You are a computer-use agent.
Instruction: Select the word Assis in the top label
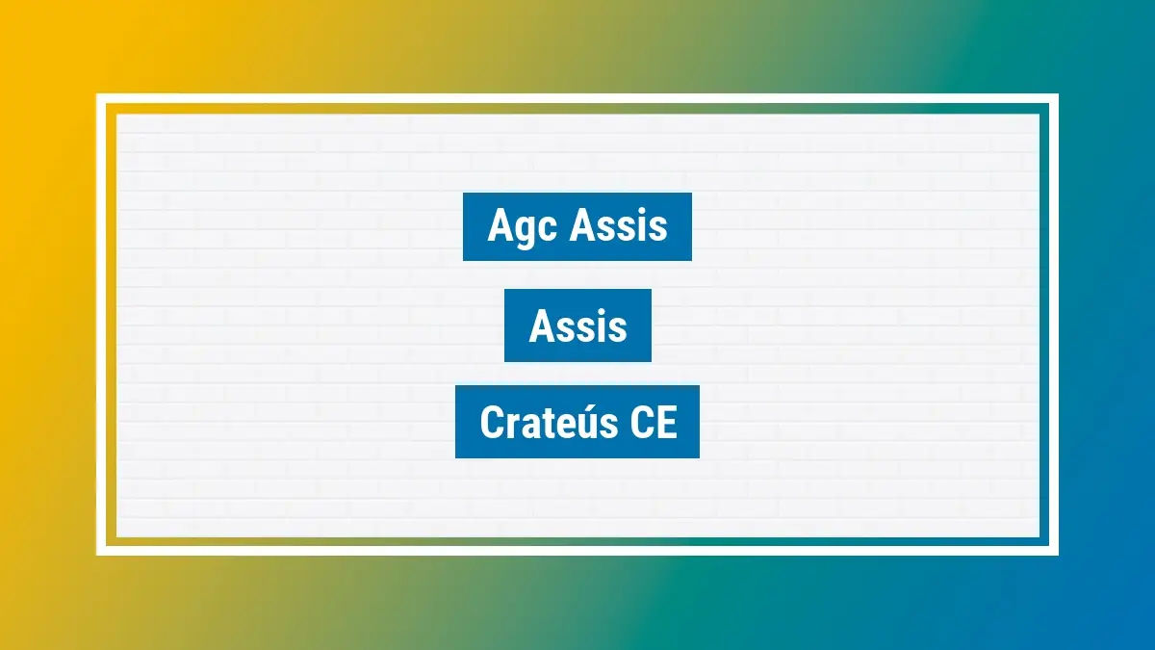pyautogui.click(x=619, y=226)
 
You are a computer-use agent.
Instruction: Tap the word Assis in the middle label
pyautogui.click(x=577, y=326)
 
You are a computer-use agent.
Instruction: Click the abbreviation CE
pyautogui.click(x=654, y=423)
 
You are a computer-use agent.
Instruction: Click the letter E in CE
pyautogui.click(x=666, y=423)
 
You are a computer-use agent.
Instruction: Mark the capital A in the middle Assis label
pyautogui.click(x=541, y=326)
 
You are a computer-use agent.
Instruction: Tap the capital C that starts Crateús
pyautogui.click(x=491, y=423)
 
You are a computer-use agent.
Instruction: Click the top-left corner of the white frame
pyautogui.click(x=98, y=96)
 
